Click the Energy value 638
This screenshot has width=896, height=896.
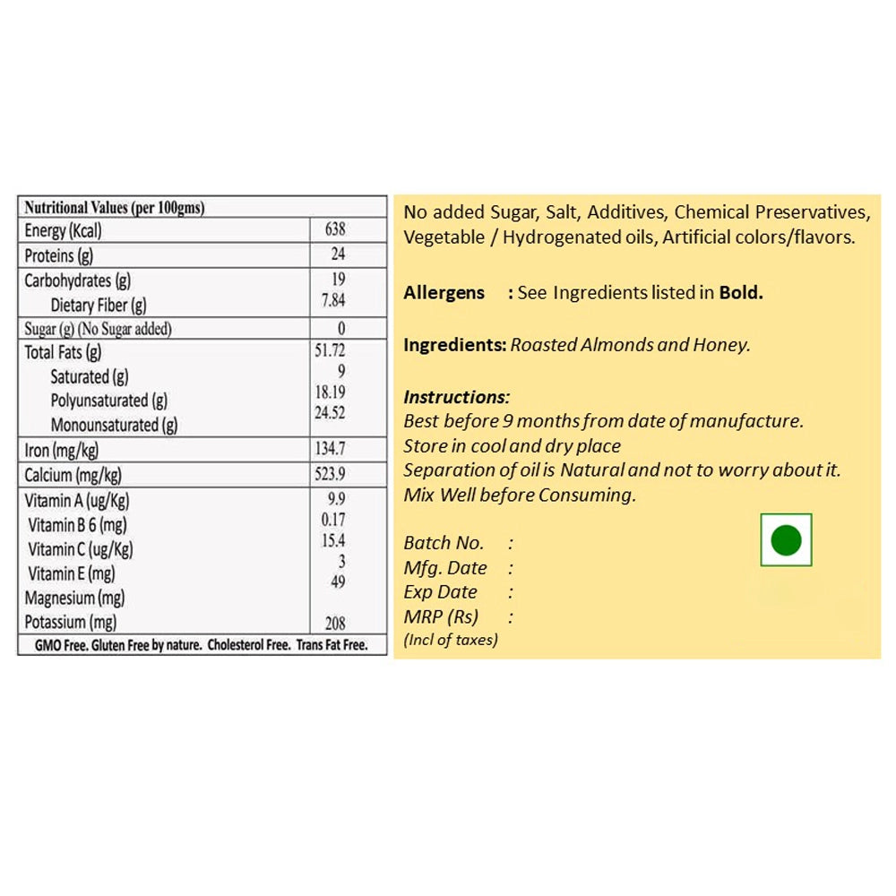coord(336,229)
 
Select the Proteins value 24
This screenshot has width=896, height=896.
coord(337,254)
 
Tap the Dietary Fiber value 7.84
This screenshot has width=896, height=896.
coord(333,301)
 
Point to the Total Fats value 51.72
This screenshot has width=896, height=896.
coord(331,350)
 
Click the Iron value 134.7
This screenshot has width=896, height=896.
coord(331,448)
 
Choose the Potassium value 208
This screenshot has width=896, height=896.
coord(335,623)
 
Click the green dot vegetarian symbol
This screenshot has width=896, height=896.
coord(786,539)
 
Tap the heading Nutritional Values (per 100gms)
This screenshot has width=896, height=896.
coord(115,208)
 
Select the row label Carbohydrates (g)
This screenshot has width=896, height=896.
coord(78,280)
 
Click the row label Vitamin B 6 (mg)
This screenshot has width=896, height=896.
coord(78,525)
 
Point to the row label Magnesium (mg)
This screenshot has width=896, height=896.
coord(74,598)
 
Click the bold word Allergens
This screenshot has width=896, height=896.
coord(444,292)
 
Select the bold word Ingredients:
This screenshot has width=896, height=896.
coord(455,345)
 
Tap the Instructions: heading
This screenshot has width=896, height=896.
coord(456,397)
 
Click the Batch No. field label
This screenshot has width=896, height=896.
coord(444,543)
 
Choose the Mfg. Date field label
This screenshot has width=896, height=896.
coord(445,568)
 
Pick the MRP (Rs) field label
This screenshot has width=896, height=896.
coord(441,616)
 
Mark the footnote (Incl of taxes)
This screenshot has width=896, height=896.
coord(451,640)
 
